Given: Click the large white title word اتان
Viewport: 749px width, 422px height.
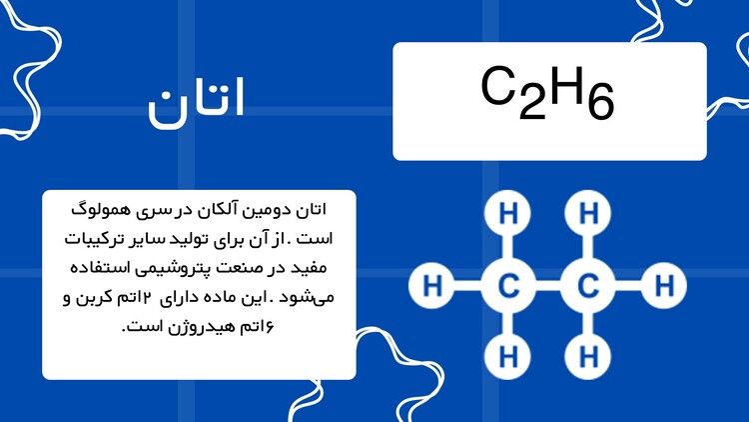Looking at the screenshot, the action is pos(196,103).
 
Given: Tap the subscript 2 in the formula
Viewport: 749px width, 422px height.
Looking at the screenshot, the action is pos(531,104).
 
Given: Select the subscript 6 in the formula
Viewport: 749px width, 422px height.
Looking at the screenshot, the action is pos(601,104).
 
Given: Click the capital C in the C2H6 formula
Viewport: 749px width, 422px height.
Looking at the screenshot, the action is pos(497,86).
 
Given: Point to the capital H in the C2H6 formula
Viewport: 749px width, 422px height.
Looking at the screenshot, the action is pos(567,86).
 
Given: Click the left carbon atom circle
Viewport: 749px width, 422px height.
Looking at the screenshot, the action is pos(508,286).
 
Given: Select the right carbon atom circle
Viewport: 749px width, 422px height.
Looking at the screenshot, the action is pos(588,286).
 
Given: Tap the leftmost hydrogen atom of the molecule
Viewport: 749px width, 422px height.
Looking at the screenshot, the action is pos(431,286).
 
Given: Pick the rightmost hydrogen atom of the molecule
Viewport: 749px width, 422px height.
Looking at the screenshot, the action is pos(664,286).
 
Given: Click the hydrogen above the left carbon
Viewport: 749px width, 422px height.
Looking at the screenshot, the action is pos(508,213).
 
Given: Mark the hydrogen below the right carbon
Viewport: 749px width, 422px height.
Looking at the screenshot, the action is pos(588,356).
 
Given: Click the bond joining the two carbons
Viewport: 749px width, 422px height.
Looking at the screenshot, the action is pos(548,286).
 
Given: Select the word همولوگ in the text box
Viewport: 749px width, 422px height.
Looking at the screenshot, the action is pos(101,211).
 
